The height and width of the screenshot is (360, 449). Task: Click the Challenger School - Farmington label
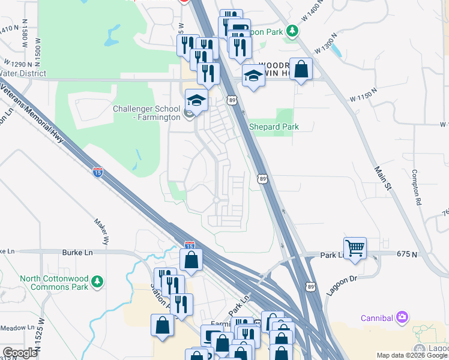click(146, 113)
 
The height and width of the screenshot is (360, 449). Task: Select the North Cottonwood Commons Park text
click(54, 283)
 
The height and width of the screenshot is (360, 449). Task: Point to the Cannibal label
click(376, 317)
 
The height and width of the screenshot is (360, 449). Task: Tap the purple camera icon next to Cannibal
click(402, 316)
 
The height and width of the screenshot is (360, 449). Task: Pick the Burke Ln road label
click(77, 253)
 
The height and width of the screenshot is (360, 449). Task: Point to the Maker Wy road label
click(101, 232)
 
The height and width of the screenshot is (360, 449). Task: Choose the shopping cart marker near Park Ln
click(355, 247)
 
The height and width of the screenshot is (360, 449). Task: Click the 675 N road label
click(407, 254)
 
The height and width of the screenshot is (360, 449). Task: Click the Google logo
click(20, 353)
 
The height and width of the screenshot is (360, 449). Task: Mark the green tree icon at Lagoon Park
click(292, 30)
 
